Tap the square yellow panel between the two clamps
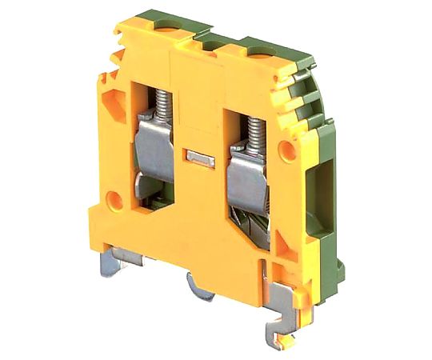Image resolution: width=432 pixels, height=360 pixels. (x=200, y=192)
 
